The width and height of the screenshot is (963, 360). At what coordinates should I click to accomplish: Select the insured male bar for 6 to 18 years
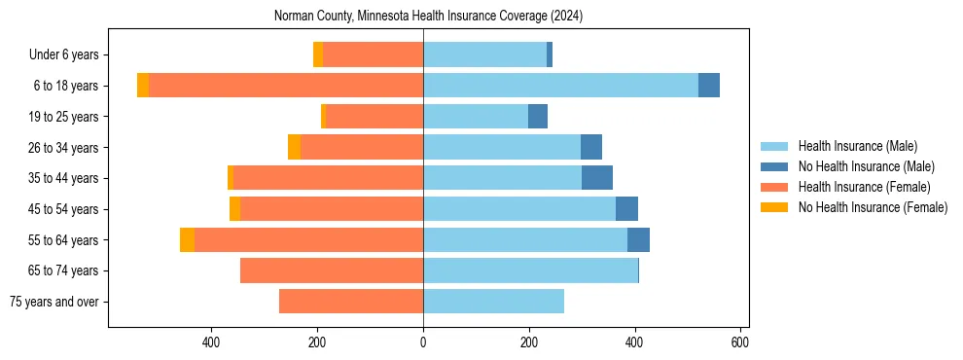click(x=560, y=86)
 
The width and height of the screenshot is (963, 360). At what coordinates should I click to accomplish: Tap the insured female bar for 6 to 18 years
click(x=286, y=86)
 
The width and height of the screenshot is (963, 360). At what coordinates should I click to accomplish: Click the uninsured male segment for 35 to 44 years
click(x=596, y=178)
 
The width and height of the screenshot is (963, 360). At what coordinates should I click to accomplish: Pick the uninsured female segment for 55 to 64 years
click(x=187, y=239)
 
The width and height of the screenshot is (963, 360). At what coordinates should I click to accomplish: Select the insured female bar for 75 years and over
click(x=350, y=302)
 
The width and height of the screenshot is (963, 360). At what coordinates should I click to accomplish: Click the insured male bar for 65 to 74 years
click(x=530, y=270)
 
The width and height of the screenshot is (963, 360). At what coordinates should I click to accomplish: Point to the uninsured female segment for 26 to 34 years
click(x=294, y=147)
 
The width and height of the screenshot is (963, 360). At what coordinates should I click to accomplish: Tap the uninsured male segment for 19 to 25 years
click(x=538, y=117)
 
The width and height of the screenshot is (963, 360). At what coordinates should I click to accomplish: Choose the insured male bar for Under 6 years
click(x=484, y=54)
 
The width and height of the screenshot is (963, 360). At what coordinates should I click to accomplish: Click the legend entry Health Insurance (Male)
click(x=857, y=146)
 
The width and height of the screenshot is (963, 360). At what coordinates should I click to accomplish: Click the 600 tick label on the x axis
click(x=740, y=342)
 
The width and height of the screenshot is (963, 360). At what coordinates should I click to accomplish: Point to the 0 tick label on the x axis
click(x=423, y=342)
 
